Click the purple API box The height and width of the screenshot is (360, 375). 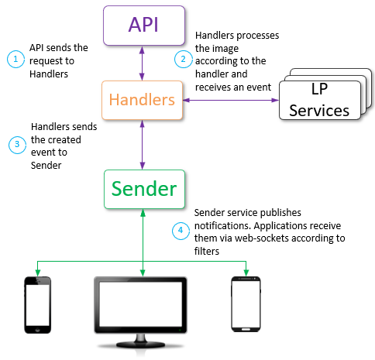143,25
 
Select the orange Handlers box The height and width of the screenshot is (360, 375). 143,100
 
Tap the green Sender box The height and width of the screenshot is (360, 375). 143,189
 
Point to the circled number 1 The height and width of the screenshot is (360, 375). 14,58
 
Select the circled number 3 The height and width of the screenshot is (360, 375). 14,143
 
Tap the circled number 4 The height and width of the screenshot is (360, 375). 181,230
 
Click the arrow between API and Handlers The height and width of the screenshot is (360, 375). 143,63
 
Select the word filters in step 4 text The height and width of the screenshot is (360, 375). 208,251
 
